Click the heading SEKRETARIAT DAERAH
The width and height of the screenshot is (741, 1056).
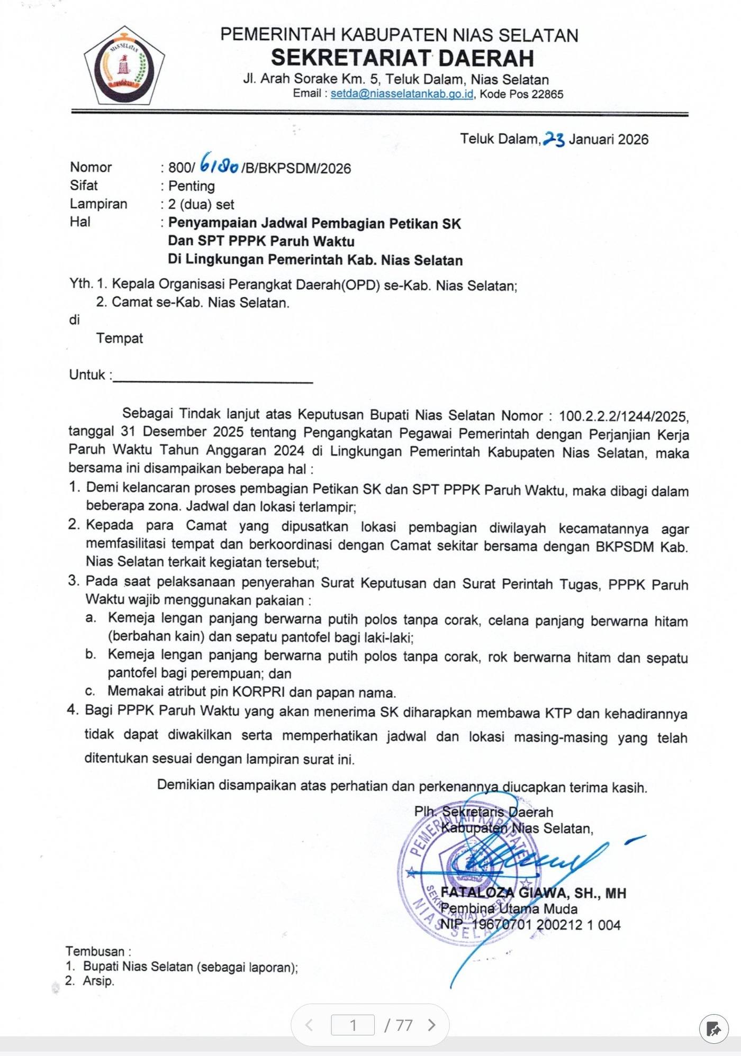[402, 58]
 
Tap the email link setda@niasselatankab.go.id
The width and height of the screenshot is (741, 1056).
[402, 94]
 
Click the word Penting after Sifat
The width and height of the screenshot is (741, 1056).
[192, 186]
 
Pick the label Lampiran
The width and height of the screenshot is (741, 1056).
[98, 204]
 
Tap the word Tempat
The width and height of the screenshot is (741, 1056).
[120, 338]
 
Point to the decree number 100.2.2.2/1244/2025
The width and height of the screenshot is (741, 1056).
[623, 416]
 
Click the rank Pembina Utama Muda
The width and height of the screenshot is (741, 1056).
[509, 909]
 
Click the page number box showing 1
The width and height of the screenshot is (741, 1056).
[353, 1025]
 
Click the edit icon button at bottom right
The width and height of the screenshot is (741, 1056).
[713, 1030]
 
